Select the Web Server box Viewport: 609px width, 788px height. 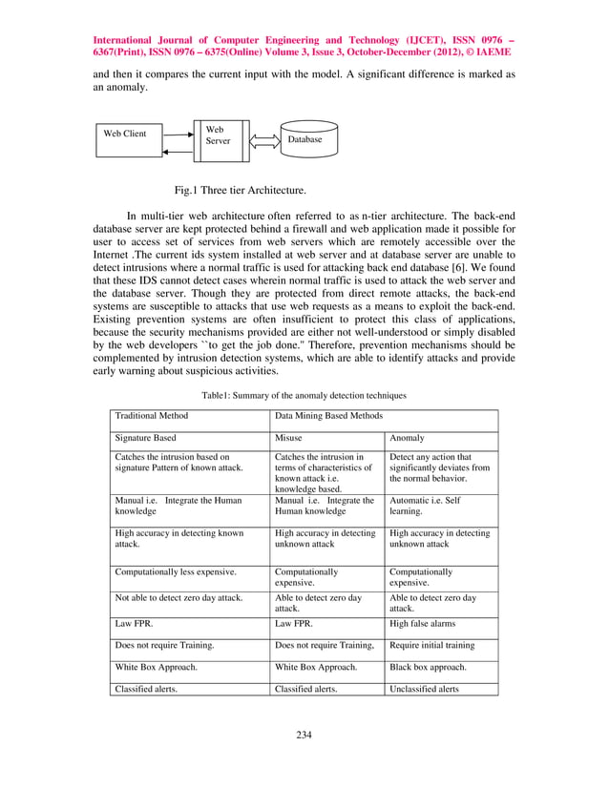[219, 141]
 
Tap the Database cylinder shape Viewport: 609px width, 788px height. [304, 140]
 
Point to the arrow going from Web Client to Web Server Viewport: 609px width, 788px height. [179, 134]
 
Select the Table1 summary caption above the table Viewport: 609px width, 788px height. [304, 394]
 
